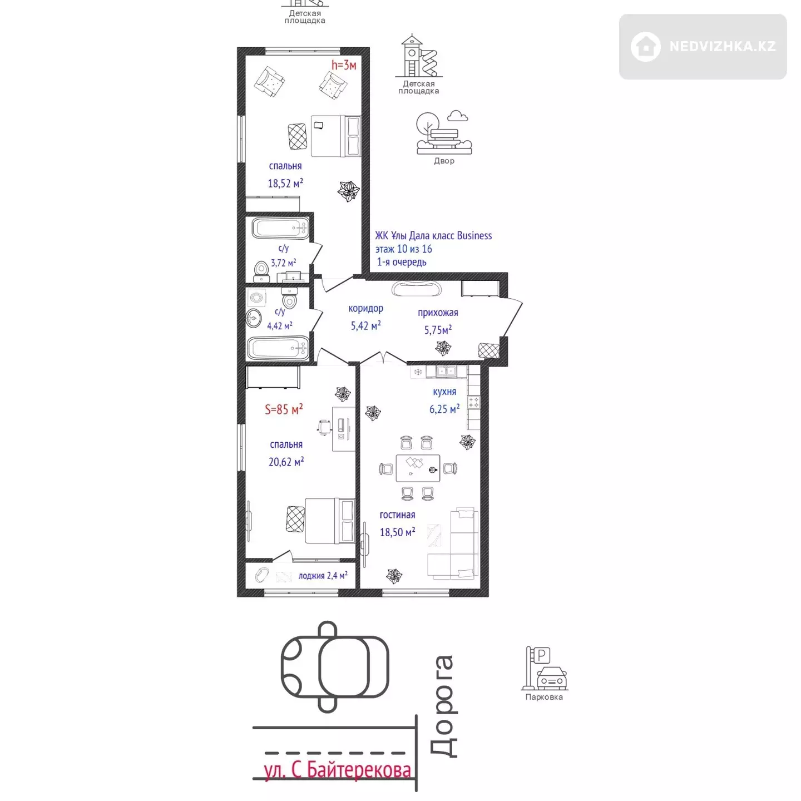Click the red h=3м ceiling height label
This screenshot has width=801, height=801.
pyautogui.click(x=343, y=65)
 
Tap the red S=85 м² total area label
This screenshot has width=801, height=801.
pyautogui.click(x=284, y=409)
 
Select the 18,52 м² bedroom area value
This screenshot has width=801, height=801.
pyautogui.click(x=285, y=183)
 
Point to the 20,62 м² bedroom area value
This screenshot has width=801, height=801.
pyautogui.click(x=286, y=461)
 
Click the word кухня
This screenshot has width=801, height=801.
pyautogui.click(x=444, y=392)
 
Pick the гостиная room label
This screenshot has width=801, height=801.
pyautogui.click(x=397, y=515)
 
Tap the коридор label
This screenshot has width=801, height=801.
pyautogui.click(x=366, y=308)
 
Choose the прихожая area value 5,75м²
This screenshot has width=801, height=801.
pyautogui.click(x=438, y=330)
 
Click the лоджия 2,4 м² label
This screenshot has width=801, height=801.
pyautogui.click(x=323, y=576)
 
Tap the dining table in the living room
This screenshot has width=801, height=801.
pyautogui.click(x=418, y=468)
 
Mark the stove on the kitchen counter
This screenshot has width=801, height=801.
pyautogui.click(x=473, y=402)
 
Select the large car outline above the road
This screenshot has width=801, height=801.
pyautogui.click(x=335, y=667)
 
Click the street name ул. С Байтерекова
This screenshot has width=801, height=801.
pyautogui.click(x=337, y=769)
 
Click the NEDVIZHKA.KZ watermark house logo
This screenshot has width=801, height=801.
pyautogui.click(x=645, y=47)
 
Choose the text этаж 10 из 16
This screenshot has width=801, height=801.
pyautogui.click(x=404, y=249)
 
